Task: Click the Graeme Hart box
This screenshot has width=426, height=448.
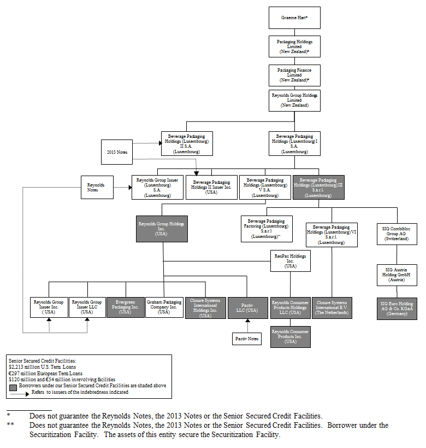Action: [294, 18]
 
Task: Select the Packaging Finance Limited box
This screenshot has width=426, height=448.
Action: [294, 74]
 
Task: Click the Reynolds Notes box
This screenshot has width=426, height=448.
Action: [97, 187]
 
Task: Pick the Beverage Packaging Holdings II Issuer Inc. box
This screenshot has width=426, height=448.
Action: [211, 187]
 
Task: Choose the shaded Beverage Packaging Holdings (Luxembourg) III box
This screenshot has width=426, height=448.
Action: [318, 187]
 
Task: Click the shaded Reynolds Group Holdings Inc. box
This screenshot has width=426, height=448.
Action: [162, 229]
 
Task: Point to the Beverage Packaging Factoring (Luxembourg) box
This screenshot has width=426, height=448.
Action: [267, 228]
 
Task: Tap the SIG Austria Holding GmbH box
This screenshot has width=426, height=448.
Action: [397, 275]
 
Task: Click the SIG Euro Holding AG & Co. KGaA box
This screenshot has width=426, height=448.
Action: [397, 309]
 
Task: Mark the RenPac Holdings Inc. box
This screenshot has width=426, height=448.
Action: [291, 261]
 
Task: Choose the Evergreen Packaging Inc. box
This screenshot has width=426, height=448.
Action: [125, 307]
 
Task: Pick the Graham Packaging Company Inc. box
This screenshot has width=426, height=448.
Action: [164, 307]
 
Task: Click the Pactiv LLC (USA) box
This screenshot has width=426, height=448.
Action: [247, 308]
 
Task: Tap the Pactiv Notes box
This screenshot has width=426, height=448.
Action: [247, 339]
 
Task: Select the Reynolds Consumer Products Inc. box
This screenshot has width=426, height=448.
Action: [291, 336]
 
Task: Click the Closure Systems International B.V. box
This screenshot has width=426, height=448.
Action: [332, 308]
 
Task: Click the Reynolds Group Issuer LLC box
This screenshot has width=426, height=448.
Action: [87, 307]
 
